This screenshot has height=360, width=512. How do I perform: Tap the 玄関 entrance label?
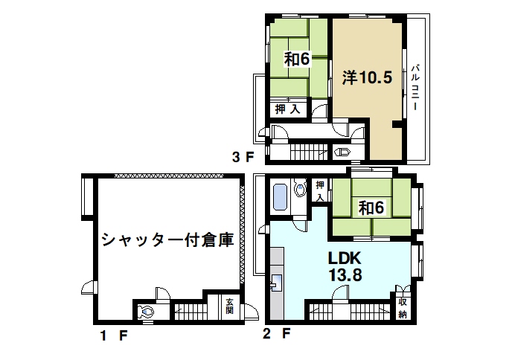tap(231, 306)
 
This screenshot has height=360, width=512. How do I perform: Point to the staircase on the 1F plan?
tap(195, 311)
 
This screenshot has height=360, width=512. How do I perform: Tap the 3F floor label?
tap(243, 157)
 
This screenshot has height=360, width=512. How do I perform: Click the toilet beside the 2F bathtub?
tap(301, 190)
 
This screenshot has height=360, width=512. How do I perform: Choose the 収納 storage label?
tap(402, 307)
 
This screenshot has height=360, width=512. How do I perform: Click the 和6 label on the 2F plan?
tap(371, 208)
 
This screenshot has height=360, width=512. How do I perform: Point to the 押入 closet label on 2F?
tap(319, 190)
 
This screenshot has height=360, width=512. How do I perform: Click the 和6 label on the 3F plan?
tap(295, 58)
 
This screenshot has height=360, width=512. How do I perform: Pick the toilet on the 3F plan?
tap(343, 152)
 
